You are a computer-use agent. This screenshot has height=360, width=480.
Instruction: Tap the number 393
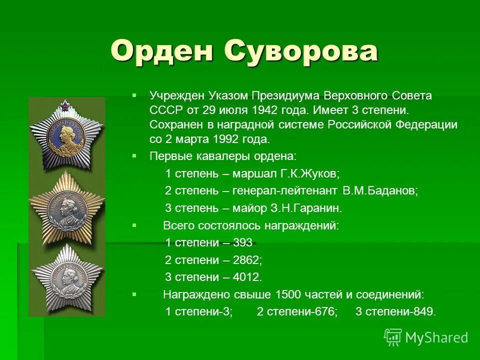tap(243, 243)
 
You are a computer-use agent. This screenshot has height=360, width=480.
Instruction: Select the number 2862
tap(247, 260)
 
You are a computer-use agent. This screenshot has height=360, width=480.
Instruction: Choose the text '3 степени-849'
tap(395, 311)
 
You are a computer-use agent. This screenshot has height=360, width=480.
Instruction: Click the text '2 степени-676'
tap(297, 311)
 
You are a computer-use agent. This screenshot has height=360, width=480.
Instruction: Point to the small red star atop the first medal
tap(65, 105)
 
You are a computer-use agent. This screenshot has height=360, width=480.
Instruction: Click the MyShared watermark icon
tap(393, 337)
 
